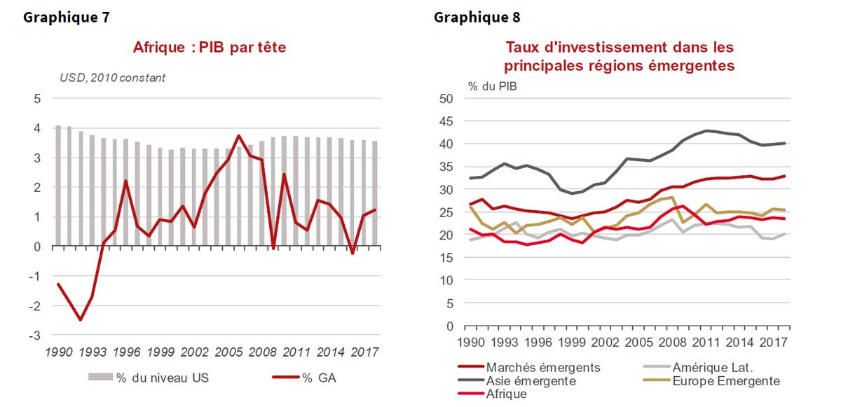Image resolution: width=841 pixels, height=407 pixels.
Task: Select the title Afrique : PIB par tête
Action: (210, 48)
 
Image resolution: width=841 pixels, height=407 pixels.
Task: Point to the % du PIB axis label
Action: (492, 86)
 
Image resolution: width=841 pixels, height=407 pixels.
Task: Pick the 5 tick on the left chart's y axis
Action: (37, 99)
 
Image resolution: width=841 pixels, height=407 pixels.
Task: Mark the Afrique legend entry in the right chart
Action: (506, 394)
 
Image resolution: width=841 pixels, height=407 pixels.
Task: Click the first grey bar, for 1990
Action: (58, 186)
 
